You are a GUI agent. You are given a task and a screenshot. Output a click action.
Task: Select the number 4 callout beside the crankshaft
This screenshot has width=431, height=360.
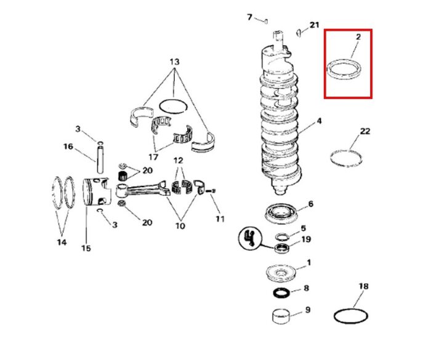point(319,122)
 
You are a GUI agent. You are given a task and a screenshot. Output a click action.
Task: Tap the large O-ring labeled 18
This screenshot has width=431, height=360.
point(352,316)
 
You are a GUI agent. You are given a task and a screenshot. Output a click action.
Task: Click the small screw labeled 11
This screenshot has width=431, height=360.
point(213,192)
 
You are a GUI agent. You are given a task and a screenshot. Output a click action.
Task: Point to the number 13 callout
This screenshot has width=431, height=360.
point(174,62)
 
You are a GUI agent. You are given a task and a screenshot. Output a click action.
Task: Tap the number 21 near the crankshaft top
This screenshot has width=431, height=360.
point(315,25)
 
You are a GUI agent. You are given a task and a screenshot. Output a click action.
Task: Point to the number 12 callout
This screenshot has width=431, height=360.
point(178,160)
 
